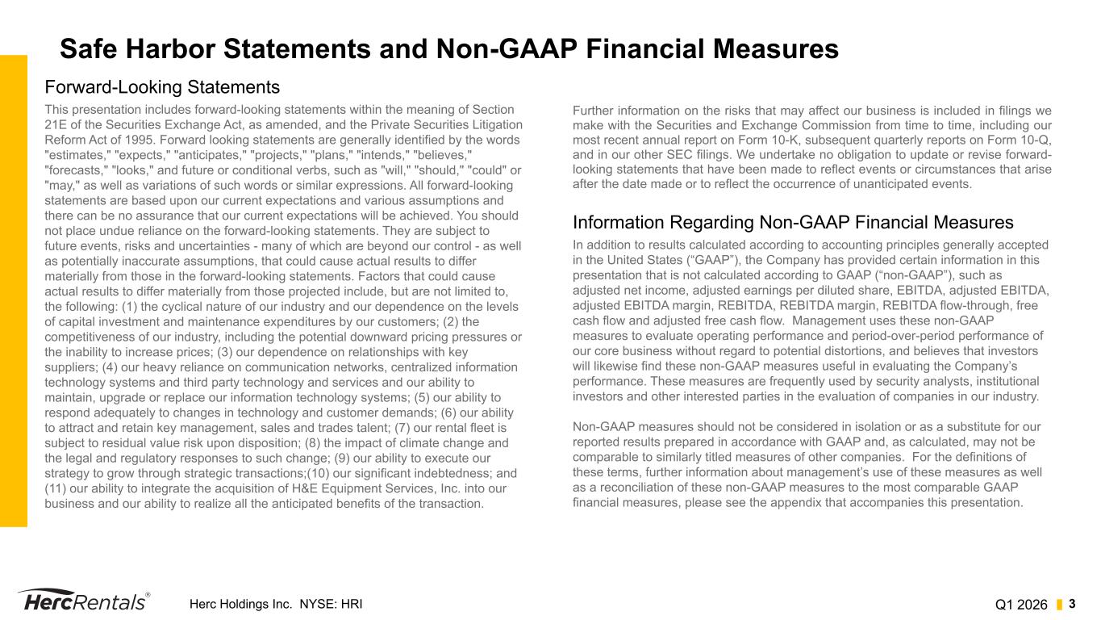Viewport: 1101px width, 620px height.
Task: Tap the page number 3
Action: [x=1073, y=604]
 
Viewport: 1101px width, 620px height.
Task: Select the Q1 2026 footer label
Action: [x=1021, y=605]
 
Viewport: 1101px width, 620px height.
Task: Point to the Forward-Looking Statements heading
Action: [x=162, y=86]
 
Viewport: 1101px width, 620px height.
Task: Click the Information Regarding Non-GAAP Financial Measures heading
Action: [x=793, y=222]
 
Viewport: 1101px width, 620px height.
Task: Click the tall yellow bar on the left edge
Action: [x=14, y=291]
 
